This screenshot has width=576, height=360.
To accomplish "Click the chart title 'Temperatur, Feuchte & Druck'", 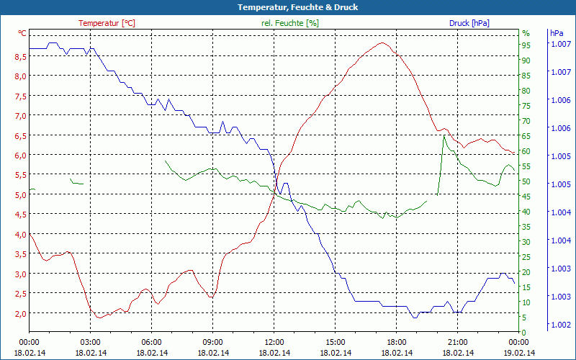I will (288, 7).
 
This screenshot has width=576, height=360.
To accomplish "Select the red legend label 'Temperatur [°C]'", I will (107, 23).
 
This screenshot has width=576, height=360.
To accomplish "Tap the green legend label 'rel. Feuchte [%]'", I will (289, 23).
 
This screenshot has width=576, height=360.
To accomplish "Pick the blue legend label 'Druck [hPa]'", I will (469, 23).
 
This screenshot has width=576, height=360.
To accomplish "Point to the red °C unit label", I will (22, 33).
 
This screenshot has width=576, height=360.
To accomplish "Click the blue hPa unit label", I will (557, 33).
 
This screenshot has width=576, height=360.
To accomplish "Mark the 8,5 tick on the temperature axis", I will (20, 56).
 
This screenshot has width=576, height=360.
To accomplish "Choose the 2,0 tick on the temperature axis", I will (20, 314).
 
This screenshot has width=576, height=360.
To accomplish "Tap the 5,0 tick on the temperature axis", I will (20, 194).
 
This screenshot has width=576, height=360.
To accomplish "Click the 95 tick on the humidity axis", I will (526, 45).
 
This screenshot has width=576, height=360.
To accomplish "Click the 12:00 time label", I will (274, 342).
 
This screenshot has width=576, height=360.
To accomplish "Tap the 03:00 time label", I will (91, 342).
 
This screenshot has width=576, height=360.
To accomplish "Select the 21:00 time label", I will (458, 342).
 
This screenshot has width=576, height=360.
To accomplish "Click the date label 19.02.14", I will (519, 353).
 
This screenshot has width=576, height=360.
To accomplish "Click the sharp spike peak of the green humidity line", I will (444, 135).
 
